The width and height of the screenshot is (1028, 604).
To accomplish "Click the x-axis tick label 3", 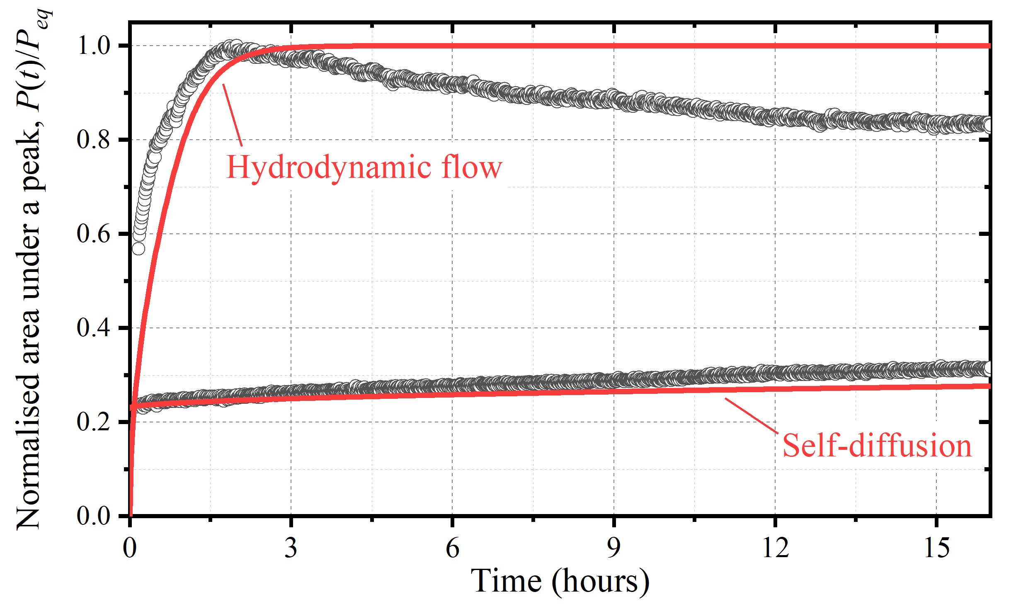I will click(291, 548).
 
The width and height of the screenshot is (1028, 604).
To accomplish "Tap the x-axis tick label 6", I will click(452, 548).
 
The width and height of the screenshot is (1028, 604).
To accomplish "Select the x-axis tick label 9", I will click(613, 548).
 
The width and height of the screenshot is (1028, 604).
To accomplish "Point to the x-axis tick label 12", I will click(775, 548).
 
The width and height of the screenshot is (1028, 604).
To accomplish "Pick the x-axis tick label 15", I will click(936, 548).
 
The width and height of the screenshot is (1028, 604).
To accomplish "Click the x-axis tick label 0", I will click(130, 548).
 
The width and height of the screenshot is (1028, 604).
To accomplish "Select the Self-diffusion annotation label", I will click(877, 446).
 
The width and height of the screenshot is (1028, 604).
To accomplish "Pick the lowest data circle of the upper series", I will click(138, 249).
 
